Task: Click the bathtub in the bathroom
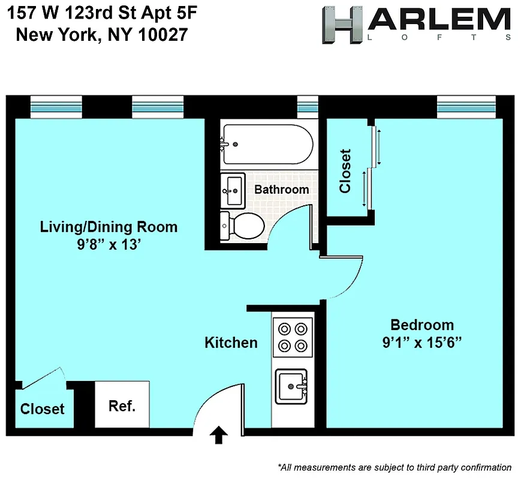(x=267, y=144)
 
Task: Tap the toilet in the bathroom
(x=243, y=226)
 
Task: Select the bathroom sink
(x=233, y=190)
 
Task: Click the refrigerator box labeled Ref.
(x=122, y=405)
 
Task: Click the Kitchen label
(x=231, y=343)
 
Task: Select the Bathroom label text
(x=282, y=190)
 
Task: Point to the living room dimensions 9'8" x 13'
(x=109, y=244)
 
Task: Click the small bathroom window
(x=308, y=107)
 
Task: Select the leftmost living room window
(x=56, y=107)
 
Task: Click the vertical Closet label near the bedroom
(x=345, y=171)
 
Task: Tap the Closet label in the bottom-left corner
(x=42, y=409)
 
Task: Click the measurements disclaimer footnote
(x=394, y=467)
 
